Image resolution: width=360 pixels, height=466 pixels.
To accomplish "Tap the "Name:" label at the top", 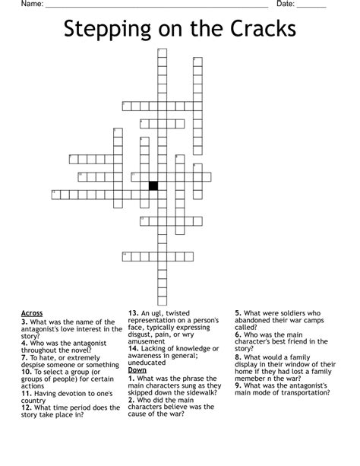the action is tap(32, 5).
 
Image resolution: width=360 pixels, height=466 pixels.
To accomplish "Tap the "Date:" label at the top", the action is tap(286, 5).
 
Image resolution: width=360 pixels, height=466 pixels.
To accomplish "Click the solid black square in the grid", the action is tap(153, 185).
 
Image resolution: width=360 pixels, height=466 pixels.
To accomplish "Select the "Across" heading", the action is tap(32, 313).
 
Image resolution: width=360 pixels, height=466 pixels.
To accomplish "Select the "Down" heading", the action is tap(137, 369).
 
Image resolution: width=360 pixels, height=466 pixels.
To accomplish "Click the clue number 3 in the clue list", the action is tap(24, 322).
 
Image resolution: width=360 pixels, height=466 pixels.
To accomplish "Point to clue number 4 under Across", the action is tap(24, 344).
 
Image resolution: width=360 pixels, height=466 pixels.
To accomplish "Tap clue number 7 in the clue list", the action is tap(24, 357).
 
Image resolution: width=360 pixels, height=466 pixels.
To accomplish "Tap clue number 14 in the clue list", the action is tap(133, 349).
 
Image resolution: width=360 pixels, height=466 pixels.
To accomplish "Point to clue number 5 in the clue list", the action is tap(238, 313).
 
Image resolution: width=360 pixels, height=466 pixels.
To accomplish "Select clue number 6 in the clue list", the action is tap(238, 334).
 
